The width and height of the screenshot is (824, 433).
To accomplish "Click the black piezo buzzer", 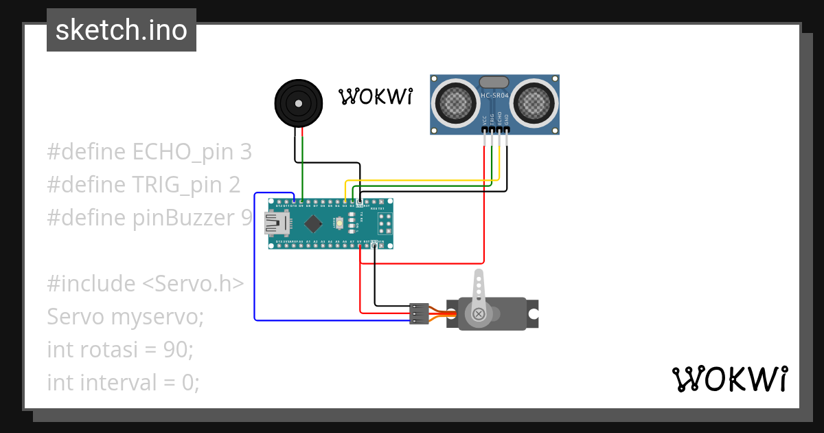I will click(298, 103).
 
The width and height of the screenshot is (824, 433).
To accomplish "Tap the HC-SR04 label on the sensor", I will click(494, 96).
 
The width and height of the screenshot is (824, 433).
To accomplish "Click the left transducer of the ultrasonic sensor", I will click(455, 103).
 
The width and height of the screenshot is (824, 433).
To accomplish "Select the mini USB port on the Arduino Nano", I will click(277, 223).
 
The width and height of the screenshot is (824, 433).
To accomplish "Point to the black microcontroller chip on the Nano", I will click(314, 223).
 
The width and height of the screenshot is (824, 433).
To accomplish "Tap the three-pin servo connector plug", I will click(419, 313).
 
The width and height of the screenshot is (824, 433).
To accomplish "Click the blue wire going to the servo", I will click(255, 275).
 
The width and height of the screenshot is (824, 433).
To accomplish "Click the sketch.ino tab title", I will click(122, 30).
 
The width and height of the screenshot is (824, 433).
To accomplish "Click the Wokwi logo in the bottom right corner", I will click(729, 379).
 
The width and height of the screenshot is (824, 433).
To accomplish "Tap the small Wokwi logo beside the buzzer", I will click(376, 97).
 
